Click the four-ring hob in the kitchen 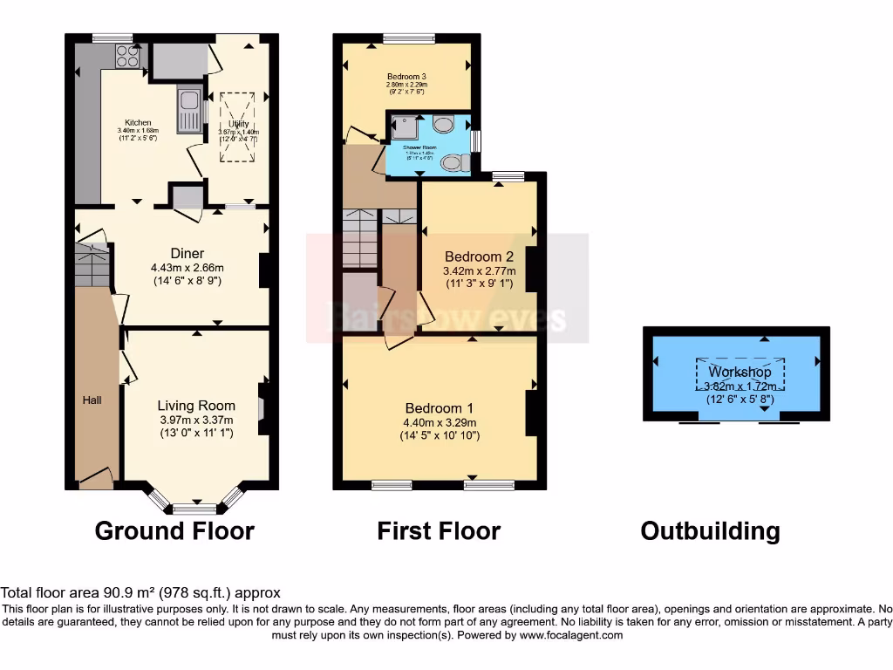[x=128, y=56]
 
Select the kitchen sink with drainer [x=188, y=110]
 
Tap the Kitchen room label [x=138, y=123]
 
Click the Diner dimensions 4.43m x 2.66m [x=187, y=268]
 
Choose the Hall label [x=92, y=400]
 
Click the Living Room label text [x=196, y=406]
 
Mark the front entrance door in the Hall [x=95, y=476]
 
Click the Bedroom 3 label [x=406, y=77]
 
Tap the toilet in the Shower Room [x=454, y=162]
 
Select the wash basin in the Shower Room [x=443, y=125]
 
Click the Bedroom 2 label [x=479, y=256]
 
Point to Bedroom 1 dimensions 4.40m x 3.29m [x=440, y=422]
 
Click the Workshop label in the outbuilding [x=740, y=373]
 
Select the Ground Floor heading [x=174, y=530]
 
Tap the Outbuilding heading [x=710, y=530]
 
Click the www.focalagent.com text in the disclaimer [x=570, y=635]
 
